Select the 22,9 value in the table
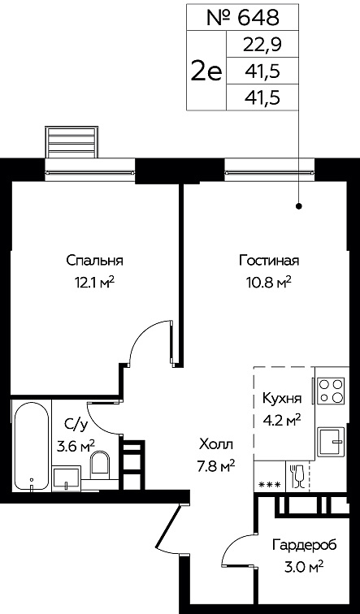click(262, 45)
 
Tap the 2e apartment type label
click(206, 71)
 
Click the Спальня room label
click(95, 262)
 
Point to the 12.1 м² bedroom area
click(95, 281)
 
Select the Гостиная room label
click(269, 261)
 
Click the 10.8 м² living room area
click(269, 281)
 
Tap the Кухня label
click(282, 400)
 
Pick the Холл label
click(216, 444)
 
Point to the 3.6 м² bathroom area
click(76, 446)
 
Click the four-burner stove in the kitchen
click(331, 391)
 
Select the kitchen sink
click(331, 441)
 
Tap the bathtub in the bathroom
click(32, 445)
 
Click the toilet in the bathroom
click(101, 465)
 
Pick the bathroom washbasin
click(67, 478)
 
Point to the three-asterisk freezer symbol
click(270, 485)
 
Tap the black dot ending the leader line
click(299, 205)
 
